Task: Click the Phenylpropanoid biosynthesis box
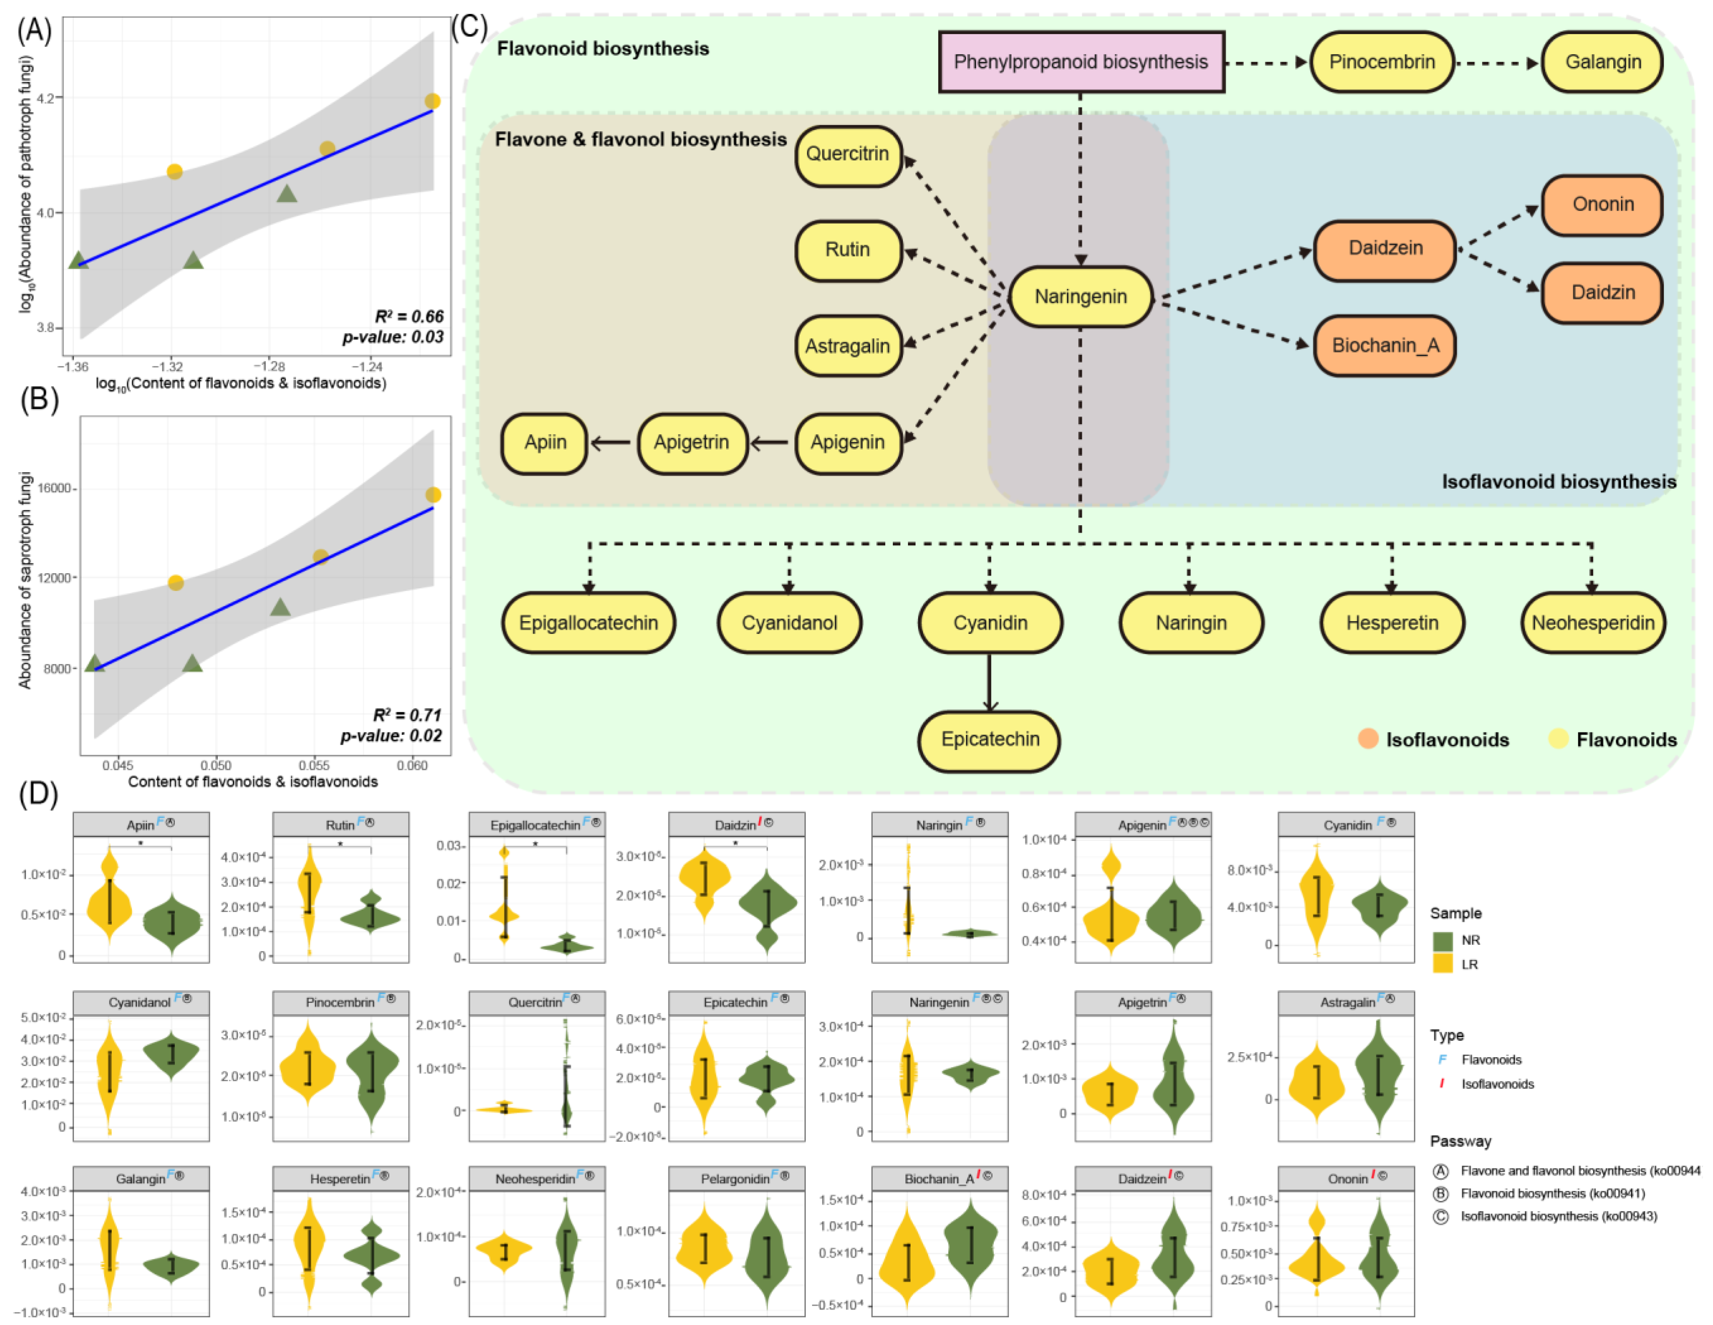[x=1081, y=62]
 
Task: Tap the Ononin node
[x=1602, y=205]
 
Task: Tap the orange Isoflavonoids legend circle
[x=1368, y=739]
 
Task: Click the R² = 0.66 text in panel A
[x=409, y=316]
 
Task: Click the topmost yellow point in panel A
[x=432, y=101]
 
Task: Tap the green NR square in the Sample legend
[x=1443, y=940]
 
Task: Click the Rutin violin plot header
[x=340, y=825]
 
